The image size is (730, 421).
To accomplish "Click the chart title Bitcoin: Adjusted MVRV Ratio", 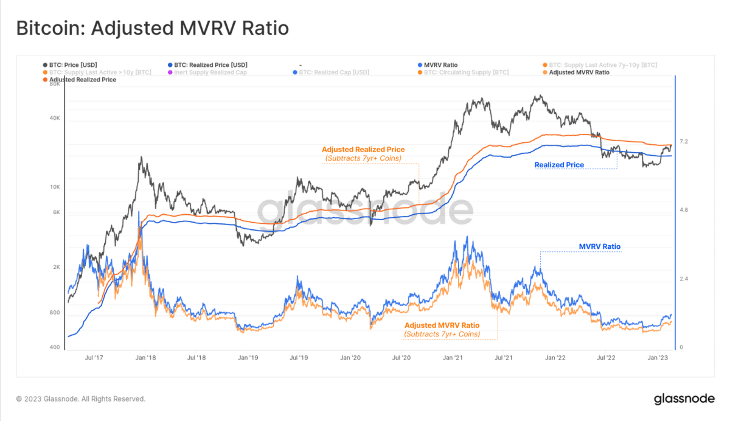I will [151, 29].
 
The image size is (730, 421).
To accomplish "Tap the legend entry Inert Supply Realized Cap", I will [209, 72].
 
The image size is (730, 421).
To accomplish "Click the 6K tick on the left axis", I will [55, 212].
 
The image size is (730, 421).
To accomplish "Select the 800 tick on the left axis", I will [55, 313].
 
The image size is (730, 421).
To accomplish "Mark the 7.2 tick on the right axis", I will [683, 142].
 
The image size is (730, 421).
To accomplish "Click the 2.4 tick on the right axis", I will [683, 279].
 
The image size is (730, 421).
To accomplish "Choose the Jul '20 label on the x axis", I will [401, 358].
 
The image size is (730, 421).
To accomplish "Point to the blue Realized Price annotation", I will [559, 165].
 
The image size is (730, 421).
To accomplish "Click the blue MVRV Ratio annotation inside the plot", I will [599, 247].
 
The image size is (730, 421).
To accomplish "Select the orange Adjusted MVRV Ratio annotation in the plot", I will [442, 325].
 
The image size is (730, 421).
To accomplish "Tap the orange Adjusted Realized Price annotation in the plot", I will [363, 150].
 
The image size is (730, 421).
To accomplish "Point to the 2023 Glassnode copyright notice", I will [81, 399].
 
